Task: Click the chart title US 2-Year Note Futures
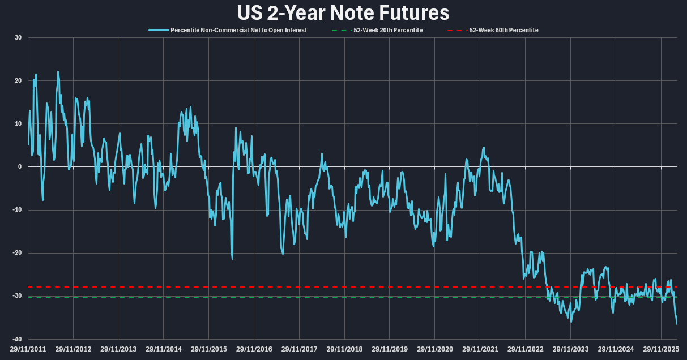[343, 12]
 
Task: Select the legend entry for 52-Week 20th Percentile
[387, 30]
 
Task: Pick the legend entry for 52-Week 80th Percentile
[503, 30]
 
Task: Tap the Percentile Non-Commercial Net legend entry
[238, 30]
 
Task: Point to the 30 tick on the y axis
[18, 38]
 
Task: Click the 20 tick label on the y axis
[18, 81]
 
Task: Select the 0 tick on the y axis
[20, 167]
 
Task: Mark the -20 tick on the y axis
[17, 253]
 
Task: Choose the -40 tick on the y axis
[17, 339]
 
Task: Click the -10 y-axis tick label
[17, 210]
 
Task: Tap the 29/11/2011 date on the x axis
[28, 349]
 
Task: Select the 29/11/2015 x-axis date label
[209, 349]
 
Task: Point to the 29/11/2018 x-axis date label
[344, 349]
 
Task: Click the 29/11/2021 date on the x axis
[480, 349]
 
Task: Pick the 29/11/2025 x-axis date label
[661, 349]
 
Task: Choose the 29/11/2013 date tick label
[118, 349]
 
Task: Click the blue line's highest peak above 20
[58, 72]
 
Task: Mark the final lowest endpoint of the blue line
[677, 324]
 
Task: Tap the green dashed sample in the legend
[338, 30]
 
